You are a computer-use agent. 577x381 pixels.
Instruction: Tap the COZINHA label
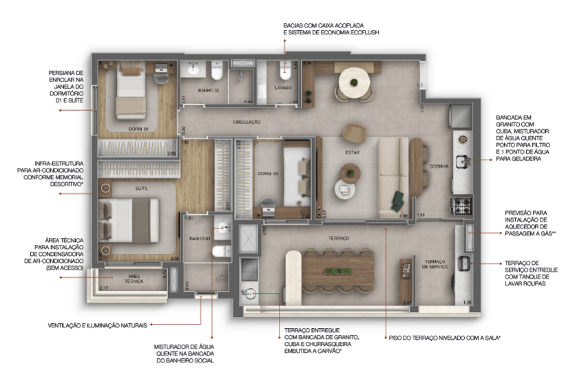439,166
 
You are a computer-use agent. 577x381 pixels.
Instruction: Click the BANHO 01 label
200,238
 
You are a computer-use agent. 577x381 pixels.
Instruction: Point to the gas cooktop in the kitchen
460,204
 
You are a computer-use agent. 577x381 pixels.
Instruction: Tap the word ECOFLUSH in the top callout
361,32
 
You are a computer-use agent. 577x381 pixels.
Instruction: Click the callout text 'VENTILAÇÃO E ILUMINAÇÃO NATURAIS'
98,324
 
